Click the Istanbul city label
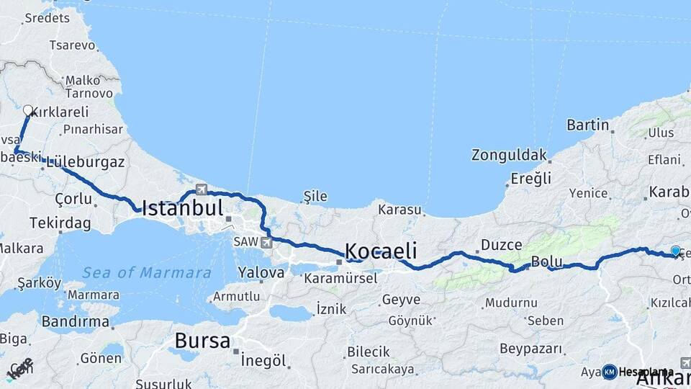(182, 209)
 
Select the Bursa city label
(202, 340)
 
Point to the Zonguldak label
(507, 155)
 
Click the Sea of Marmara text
(147, 273)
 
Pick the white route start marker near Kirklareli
(28, 111)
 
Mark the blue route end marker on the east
(675, 251)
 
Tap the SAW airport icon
(268, 242)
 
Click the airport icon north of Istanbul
(201, 190)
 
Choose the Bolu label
(546, 261)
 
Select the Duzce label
(501, 245)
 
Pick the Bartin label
(588, 125)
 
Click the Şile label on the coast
(315, 196)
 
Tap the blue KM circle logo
(609, 372)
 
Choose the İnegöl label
(263, 360)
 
